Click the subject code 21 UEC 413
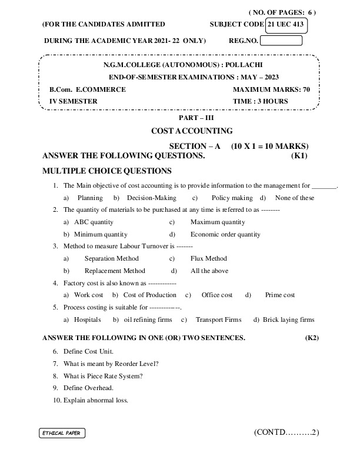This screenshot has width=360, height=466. [286, 24]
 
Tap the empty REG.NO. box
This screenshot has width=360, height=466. [281, 41]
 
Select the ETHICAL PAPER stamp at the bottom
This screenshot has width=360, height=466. [62, 434]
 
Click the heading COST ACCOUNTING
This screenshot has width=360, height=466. [192, 131]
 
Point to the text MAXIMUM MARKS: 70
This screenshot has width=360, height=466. [271, 89]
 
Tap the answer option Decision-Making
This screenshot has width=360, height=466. [151, 198]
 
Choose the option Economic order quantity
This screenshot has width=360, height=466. [225, 234]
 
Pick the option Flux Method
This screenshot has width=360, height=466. [209, 258]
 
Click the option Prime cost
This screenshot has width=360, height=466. [280, 295]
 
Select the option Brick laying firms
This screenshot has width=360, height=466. [288, 320]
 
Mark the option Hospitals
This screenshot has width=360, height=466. [88, 320]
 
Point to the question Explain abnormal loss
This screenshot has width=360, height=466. [95, 400]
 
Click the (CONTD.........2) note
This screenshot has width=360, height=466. [286, 432]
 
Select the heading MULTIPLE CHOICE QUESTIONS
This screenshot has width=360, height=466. [107, 171]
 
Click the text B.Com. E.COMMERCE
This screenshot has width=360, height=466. [87, 89]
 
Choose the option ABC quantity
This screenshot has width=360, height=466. [94, 222]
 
